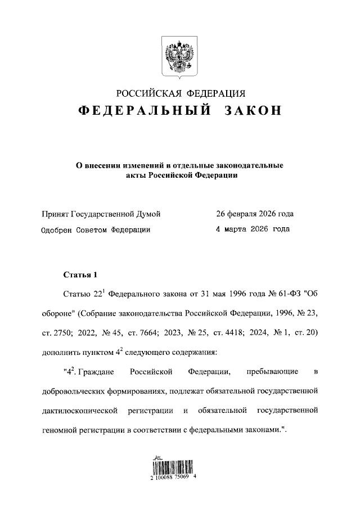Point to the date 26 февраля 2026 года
pos(255,214)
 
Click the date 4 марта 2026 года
pos(253,229)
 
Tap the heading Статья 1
pos(81,275)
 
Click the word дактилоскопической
pos(79,410)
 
